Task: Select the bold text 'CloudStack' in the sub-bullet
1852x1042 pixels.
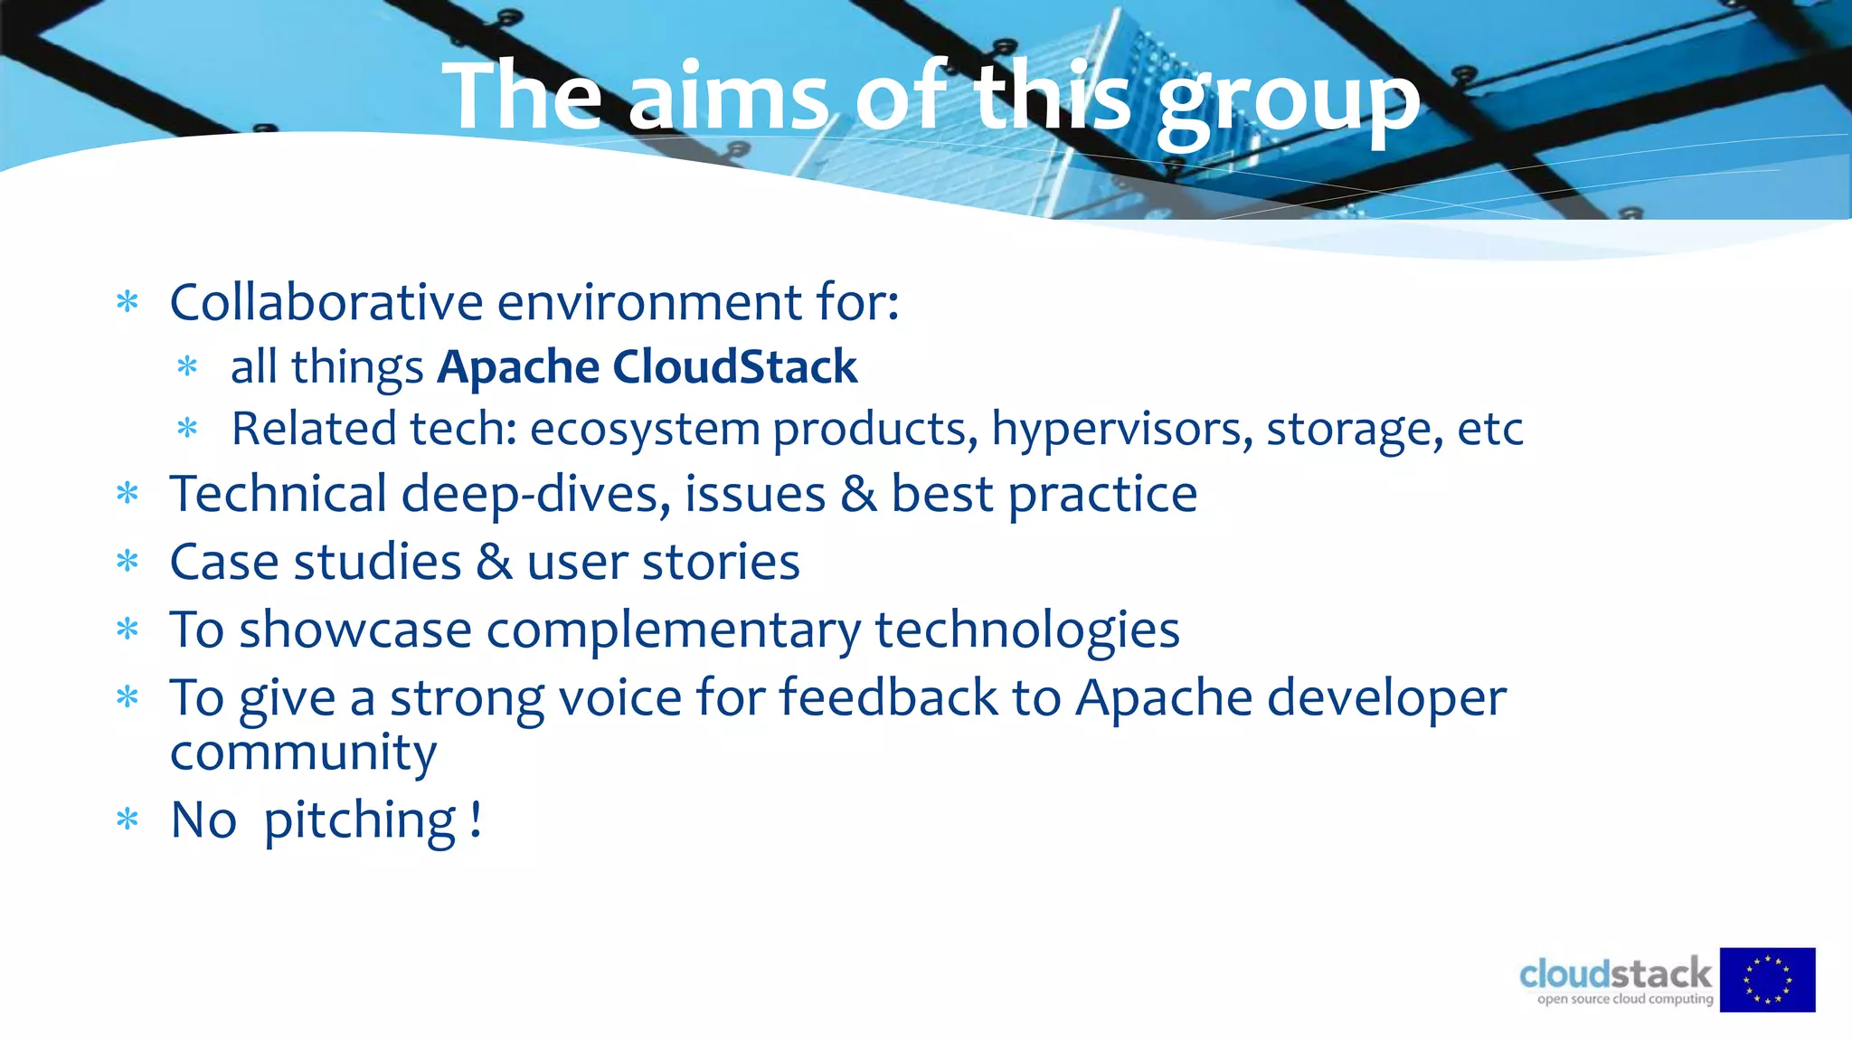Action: pos(734,367)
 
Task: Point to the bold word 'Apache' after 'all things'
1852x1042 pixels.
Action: pos(518,367)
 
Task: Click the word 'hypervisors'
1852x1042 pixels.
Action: pos(1122,429)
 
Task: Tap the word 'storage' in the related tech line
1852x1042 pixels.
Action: pos(1354,429)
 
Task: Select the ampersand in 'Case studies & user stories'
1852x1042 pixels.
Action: pos(495,563)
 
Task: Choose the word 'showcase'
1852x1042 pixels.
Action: pos(355,630)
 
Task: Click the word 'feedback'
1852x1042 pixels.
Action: pos(887,697)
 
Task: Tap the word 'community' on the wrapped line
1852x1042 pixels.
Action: pos(303,753)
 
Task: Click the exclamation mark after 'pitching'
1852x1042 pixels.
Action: pos(476,819)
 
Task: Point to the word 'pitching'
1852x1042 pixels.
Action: pos(360,820)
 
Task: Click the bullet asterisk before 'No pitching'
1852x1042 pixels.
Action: pos(128,820)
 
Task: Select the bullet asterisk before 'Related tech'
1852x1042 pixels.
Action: pos(187,429)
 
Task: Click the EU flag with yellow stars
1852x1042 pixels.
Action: pos(1767,980)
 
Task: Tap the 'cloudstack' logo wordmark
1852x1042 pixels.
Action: pos(1615,974)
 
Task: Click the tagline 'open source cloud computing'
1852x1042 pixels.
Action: pos(1625,999)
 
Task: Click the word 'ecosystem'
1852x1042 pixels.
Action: pos(644,429)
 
